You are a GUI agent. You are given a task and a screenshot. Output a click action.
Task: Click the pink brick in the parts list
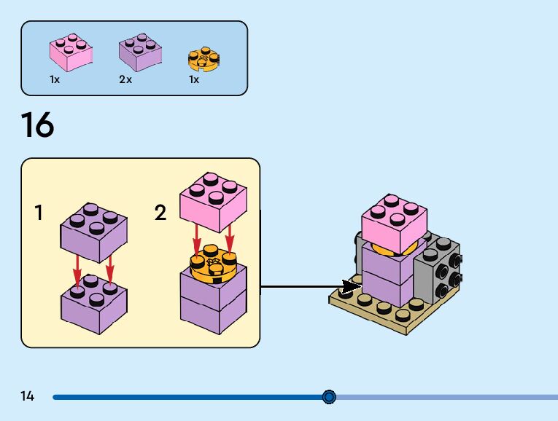click(71, 52)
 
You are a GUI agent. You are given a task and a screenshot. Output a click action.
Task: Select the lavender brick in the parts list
click(140, 52)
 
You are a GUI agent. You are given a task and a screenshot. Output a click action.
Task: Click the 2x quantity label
click(125, 79)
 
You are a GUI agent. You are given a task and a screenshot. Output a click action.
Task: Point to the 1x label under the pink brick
click(55, 79)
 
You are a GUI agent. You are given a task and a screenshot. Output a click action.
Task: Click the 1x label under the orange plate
click(193, 79)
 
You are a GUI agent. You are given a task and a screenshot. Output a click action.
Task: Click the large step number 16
click(37, 125)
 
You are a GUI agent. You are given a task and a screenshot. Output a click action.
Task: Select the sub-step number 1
click(39, 213)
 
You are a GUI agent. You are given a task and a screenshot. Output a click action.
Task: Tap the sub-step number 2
click(160, 213)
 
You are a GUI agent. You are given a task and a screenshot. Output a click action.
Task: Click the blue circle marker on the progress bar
click(329, 397)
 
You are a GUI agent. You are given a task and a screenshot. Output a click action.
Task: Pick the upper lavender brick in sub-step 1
click(93, 232)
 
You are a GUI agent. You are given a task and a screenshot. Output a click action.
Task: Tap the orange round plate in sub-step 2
click(212, 268)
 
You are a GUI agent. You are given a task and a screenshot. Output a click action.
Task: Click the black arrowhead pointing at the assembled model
click(351, 286)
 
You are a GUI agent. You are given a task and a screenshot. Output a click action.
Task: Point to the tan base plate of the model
click(387, 315)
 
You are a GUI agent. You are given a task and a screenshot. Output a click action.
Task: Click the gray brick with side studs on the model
click(437, 273)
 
